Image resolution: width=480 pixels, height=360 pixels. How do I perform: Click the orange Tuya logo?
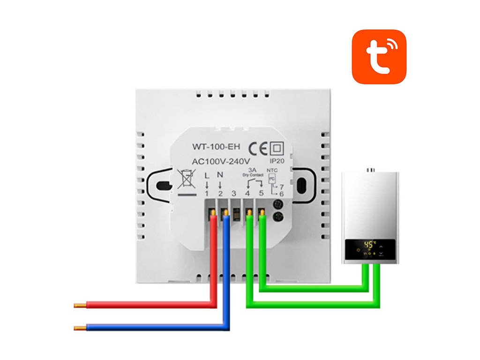click(379, 57)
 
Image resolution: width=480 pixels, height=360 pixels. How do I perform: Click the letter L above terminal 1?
click(207, 175)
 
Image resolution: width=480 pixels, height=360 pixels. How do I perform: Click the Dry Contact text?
click(254, 175)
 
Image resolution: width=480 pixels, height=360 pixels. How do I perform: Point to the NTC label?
click(272, 171)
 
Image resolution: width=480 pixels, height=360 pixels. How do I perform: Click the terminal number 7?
click(281, 186)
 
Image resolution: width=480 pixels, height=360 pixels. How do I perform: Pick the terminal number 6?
click(281, 194)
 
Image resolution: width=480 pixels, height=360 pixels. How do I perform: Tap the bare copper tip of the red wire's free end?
click(80, 306)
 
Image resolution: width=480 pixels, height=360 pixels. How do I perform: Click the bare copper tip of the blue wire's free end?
click(80, 328)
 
